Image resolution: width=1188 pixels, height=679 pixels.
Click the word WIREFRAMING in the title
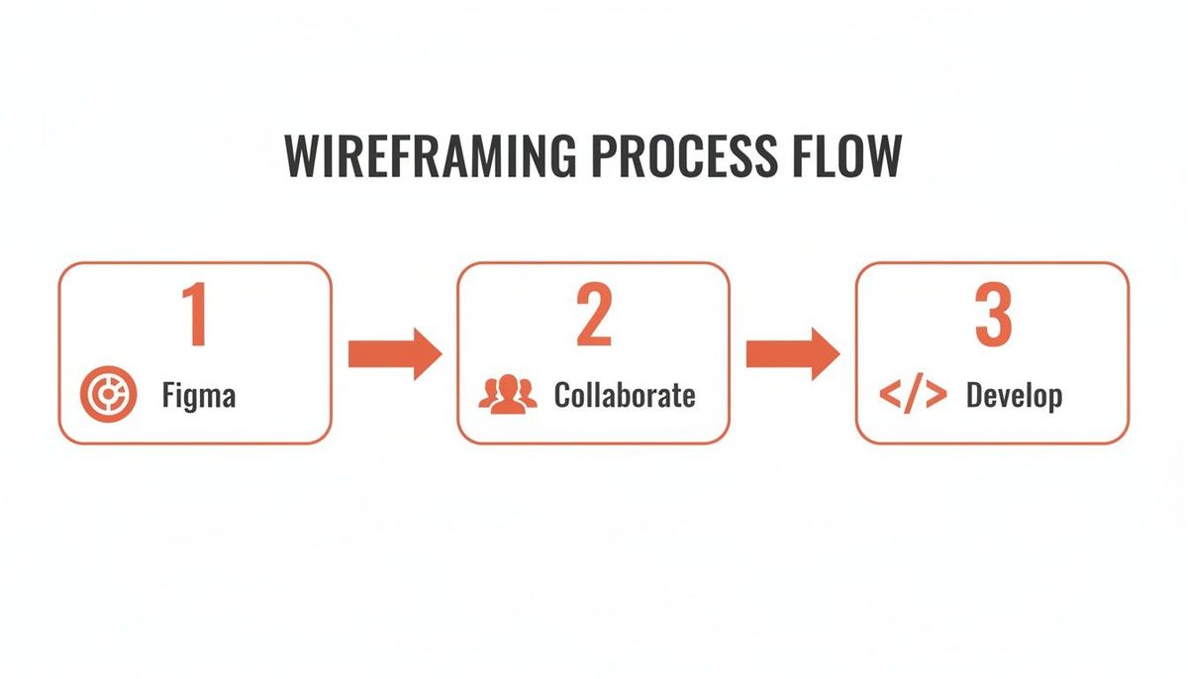[x=428, y=156]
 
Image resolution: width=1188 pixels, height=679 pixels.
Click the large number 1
[x=195, y=314]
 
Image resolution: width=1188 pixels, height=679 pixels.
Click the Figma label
[x=199, y=397]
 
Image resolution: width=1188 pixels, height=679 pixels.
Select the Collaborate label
[x=625, y=396]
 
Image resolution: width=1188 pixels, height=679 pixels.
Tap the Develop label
[x=1014, y=396]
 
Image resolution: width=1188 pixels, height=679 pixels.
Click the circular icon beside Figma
[x=102, y=396]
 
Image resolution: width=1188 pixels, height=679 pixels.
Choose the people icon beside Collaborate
[x=508, y=394]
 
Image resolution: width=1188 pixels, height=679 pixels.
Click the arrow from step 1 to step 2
[x=394, y=353]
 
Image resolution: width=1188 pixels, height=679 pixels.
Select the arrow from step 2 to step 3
[x=792, y=353]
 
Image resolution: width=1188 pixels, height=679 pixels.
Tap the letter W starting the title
[x=303, y=156]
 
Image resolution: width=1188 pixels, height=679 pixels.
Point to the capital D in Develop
[x=974, y=396]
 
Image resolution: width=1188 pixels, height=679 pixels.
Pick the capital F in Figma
[x=168, y=396]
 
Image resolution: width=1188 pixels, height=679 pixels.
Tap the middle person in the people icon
[x=508, y=392]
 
